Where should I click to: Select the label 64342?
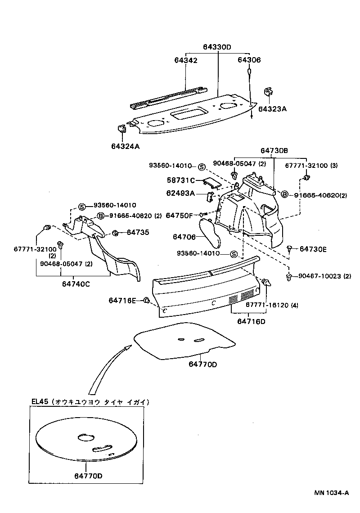(185, 60)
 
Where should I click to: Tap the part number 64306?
(249, 60)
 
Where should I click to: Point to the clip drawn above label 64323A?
(268, 92)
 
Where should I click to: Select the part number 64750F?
(179, 216)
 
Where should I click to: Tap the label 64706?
(184, 237)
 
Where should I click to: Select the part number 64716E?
(122, 300)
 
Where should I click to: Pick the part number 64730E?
(313, 248)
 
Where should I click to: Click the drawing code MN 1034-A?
(331, 505)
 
